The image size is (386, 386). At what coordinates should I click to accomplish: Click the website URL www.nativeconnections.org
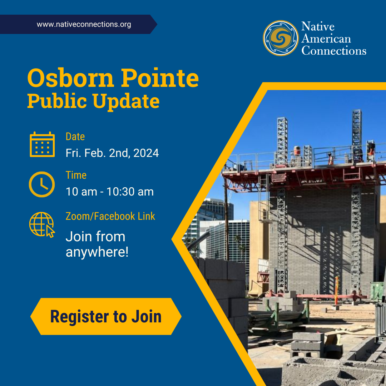(84, 25)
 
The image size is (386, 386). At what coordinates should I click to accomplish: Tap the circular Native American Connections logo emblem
(281, 38)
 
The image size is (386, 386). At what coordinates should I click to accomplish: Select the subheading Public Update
(93, 101)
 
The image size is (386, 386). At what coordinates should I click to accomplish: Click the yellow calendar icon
(42, 144)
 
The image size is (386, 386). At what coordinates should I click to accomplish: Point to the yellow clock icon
(42, 184)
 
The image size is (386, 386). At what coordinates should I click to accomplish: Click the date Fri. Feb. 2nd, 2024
(112, 153)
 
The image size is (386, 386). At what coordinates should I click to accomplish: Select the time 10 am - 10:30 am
(109, 192)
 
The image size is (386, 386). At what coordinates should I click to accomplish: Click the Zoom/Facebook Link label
(110, 216)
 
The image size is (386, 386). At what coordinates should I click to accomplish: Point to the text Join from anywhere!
(97, 244)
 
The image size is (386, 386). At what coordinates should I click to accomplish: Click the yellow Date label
(75, 137)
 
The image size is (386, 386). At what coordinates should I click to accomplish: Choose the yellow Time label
(76, 175)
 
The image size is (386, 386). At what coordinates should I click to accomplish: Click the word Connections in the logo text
(333, 50)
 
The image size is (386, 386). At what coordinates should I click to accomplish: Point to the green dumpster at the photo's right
(377, 291)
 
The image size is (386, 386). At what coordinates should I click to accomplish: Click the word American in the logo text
(326, 38)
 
